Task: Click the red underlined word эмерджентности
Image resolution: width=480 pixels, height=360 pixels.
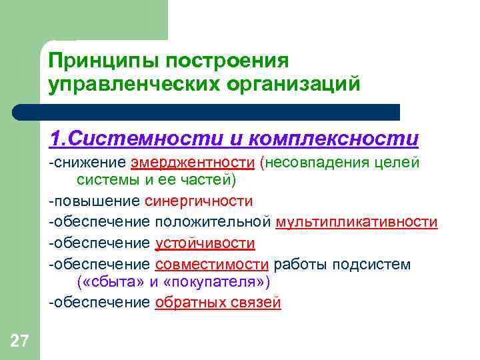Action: coord(192,163)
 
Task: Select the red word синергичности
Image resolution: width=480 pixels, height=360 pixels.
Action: coord(198,201)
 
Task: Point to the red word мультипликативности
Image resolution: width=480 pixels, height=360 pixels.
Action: coord(357,222)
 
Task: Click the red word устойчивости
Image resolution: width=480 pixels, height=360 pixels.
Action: coord(205,243)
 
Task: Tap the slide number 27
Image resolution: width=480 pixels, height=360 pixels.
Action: coord(19,343)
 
